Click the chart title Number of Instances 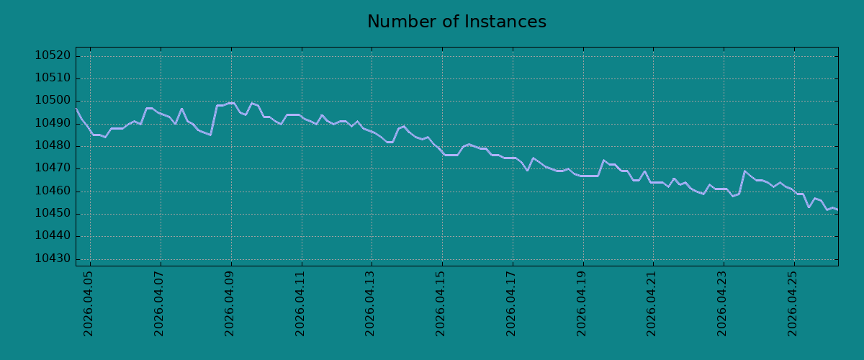tap(456, 22)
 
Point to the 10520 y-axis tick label tap(53, 55)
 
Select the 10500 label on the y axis tap(53, 101)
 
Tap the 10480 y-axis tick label tap(53, 146)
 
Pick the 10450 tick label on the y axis tap(53, 213)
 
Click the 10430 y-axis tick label tap(53, 258)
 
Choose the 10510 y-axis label tap(53, 78)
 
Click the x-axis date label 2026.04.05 tap(88, 304)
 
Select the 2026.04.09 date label tap(229, 304)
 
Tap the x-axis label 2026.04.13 tap(369, 304)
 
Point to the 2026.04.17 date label tap(510, 304)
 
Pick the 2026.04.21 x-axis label tap(651, 304)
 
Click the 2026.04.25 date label tap(792, 304)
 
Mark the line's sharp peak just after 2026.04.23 tap(744, 171)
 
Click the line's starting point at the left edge tap(76, 109)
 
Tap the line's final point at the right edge tap(838, 210)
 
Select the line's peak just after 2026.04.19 tap(603, 160)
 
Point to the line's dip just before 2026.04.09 tap(210, 135)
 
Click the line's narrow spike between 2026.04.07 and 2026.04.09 tap(181, 109)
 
